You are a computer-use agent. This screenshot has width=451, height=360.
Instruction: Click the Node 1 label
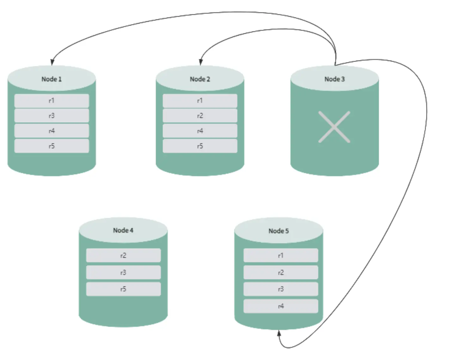tap(52, 79)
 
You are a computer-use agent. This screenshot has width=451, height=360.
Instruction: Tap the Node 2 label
tap(200, 79)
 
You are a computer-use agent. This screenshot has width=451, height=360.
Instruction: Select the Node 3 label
tap(334, 79)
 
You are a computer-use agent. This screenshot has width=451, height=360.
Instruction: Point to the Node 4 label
tap(123, 230)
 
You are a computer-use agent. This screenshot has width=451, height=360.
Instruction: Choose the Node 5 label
tap(278, 231)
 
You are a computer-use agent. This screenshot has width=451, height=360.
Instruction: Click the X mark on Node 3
tap(334, 127)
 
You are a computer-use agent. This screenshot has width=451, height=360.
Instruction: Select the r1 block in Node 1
tap(52, 101)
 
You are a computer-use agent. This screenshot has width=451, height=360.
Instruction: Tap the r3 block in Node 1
tap(52, 115)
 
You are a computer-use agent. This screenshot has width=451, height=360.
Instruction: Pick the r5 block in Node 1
tap(52, 146)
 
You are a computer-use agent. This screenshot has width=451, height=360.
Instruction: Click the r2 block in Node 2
tap(200, 115)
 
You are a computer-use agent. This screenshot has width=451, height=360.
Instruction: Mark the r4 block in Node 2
tap(200, 131)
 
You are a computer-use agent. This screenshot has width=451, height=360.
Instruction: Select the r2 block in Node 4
tap(124, 255)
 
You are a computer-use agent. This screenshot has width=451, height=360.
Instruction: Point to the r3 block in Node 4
tap(124, 272)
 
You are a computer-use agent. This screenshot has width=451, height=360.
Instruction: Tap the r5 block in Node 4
tap(124, 289)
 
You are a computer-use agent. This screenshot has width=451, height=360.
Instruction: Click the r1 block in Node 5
tap(281, 255)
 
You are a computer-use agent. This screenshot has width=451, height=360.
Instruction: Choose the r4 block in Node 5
tap(281, 306)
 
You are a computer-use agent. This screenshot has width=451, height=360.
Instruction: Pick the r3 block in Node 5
tap(281, 289)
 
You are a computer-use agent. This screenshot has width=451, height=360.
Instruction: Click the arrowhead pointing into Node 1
tap(52, 62)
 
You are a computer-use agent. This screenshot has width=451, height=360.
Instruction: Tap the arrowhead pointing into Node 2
tap(201, 62)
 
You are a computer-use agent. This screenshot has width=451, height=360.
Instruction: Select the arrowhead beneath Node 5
tap(279, 333)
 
